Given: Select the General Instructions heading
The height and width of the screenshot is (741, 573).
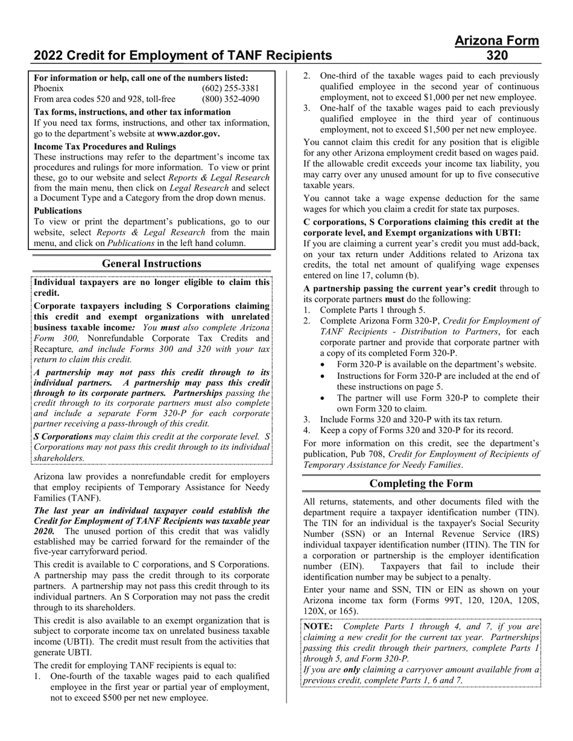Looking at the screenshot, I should tap(151, 263).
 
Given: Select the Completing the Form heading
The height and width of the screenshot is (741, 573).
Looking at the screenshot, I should tap(420, 483).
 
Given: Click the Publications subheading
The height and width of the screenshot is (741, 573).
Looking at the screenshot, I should tap(58, 211).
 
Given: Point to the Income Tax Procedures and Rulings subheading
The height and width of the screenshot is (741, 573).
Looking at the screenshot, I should tap(105, 146).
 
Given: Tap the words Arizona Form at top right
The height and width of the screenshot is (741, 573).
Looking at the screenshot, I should tap(496, 41).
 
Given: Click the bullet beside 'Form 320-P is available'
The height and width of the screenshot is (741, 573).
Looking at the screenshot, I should tap(325, 364).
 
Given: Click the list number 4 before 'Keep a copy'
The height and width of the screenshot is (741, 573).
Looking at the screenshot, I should tap(306, 430).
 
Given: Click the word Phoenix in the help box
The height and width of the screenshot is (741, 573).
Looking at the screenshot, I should tap(49, 89).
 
